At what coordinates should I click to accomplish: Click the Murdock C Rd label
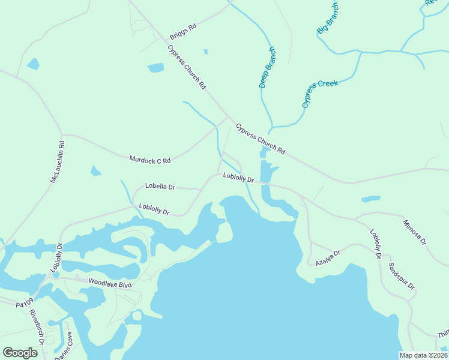pos(150,160)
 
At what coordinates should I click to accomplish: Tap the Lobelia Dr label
pos(160,187)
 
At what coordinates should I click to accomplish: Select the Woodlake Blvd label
pos(109,281)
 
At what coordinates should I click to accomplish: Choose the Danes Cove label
pos(64,346)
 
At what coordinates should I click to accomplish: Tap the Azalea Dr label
pos(328,258)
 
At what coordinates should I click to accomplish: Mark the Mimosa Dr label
pos(414,232)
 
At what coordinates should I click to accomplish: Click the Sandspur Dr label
pos(402,276)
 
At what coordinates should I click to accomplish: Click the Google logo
pos(20,352)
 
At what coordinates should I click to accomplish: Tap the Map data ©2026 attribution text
pos(423,355)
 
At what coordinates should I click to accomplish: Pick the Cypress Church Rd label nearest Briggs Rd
pos(187,67)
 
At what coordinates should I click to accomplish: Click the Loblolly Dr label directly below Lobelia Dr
pos(154,209)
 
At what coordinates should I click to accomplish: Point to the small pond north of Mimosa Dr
pos(370,199)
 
